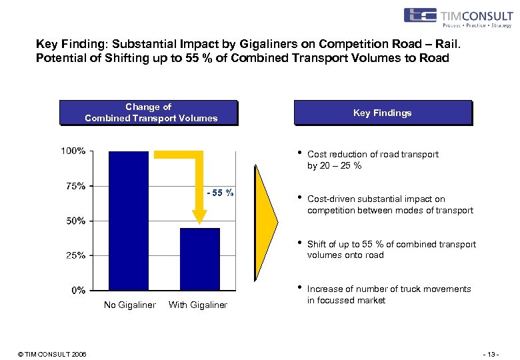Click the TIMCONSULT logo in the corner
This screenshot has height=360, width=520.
[457, 17]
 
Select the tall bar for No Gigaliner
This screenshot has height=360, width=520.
[129, 220]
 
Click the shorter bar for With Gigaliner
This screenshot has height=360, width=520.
[199, 259]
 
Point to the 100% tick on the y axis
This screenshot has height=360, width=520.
[73, 151]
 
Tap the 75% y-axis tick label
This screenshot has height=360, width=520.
[75, 186]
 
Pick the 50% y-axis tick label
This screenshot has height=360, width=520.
[75, 221]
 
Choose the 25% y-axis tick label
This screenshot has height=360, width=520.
[75, 255]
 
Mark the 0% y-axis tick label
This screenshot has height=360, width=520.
[78, 290]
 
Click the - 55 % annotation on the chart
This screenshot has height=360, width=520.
[220, 193]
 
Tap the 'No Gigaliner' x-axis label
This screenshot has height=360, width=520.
[130, 305]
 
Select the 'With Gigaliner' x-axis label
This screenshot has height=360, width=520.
[198, 305]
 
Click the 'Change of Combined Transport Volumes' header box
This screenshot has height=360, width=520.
[149, 113]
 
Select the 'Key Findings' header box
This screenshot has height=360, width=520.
[383, 113]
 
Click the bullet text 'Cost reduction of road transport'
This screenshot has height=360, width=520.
[373, 155]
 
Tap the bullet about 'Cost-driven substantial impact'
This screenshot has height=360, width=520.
[390, 205]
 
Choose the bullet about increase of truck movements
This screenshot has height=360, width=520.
[389, 295]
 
